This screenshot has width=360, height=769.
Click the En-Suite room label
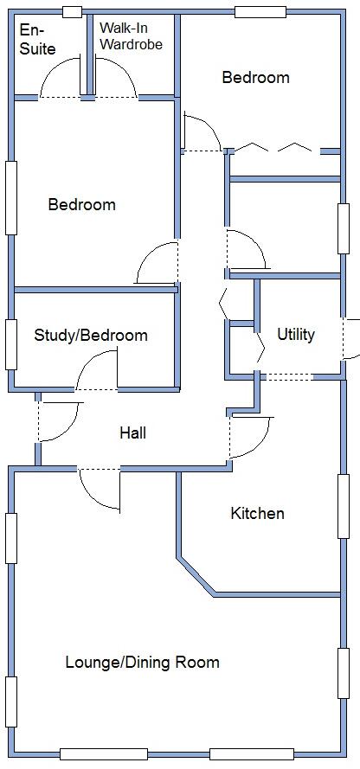click(x=36, y=40)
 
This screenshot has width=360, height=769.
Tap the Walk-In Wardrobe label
click(x=131, y=36)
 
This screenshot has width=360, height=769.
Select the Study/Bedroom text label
click(x=91, y=335)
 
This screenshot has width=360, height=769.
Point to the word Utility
click(x=296, y=334)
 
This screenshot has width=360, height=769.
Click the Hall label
click(x=132, y=433)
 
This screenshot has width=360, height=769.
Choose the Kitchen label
click(x=257, y=513)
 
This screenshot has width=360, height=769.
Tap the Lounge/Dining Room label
click(x=142, y=663)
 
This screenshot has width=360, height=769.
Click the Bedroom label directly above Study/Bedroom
click(x=81, y=205)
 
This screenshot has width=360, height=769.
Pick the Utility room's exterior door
click(x=349, y=339)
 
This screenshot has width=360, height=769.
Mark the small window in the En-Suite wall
click(x=73, y=12)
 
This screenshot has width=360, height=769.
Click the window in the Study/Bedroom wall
click(x=11, y=343)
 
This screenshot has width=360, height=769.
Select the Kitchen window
click(x=344, y=505)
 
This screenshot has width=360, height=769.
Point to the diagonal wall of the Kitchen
click(x=196, y=576)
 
